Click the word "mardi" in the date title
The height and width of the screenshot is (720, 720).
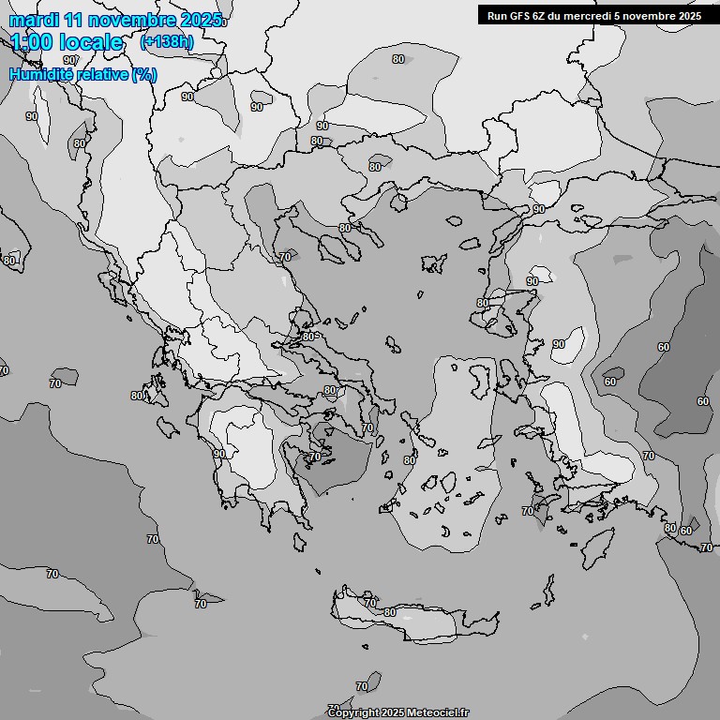33,20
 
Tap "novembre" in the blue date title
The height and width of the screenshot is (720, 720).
134,20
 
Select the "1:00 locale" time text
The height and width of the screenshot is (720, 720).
67,42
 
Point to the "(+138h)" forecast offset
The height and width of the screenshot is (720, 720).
167,41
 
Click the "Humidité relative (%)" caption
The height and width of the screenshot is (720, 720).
83,74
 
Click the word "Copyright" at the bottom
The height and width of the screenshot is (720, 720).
355,712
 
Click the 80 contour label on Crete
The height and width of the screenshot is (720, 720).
390,612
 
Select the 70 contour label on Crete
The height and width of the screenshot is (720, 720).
370,602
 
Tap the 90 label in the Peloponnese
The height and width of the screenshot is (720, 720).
218,454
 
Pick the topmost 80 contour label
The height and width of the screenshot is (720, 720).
398,59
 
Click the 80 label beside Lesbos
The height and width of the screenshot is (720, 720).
482,303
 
